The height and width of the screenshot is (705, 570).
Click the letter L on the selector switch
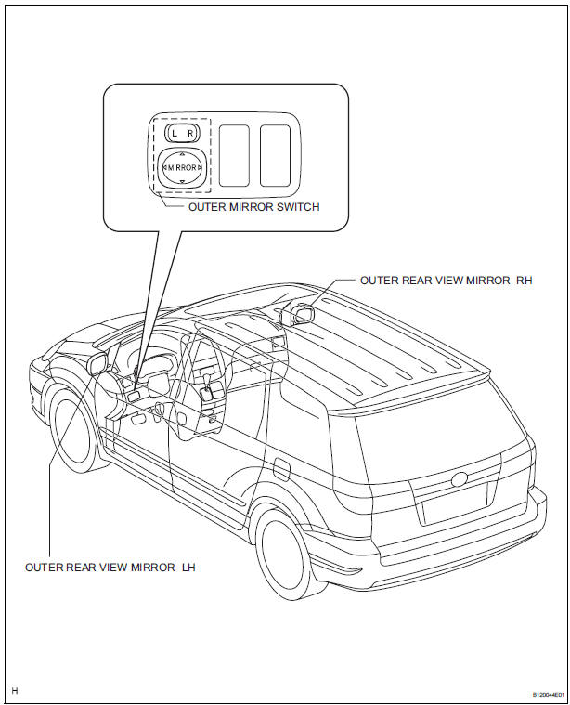click(x=174, y=134)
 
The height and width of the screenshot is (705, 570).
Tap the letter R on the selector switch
click(x=188, y=134)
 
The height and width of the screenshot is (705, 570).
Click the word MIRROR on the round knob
click(x=181, y=167)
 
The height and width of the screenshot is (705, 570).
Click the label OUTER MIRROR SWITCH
click(x=253, y=207)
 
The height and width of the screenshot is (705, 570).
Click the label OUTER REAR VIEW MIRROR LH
click(x=110, y=566)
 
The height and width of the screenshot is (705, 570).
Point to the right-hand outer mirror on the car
click(x=302, y=314)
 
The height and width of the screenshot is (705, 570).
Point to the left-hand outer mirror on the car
click(x=94, y=362)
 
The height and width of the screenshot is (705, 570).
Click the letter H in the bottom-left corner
click(x=16, y=691)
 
